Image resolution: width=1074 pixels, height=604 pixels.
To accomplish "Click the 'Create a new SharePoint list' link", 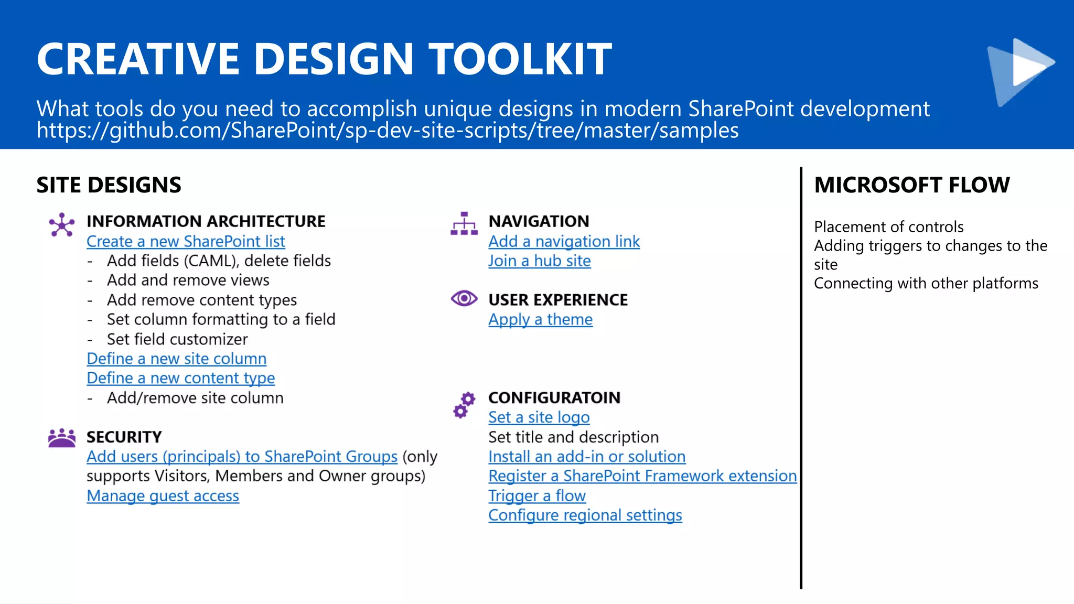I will [186, 242].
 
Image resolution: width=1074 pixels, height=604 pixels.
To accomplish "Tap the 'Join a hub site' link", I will [539, 261].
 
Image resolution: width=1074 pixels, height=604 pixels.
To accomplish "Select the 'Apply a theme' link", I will [540, 320].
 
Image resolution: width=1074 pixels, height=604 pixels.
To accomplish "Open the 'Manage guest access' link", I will [163, 496].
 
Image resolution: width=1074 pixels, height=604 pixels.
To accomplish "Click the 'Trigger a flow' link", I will [536, 496].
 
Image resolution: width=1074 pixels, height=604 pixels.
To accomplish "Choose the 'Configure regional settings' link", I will [585, 515].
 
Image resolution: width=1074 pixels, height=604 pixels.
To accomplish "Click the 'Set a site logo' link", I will [539, 418].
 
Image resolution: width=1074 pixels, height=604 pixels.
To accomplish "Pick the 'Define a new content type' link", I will [180, 379].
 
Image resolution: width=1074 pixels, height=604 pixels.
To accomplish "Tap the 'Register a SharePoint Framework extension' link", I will [642, 477].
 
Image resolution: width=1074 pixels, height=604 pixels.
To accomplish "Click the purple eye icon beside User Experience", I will [464, 299].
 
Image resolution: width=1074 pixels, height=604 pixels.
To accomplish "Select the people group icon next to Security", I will [62, 438].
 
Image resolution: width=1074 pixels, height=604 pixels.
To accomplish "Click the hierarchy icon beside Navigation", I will [464, 224].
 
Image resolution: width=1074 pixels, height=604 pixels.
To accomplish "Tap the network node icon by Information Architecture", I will [62, 225].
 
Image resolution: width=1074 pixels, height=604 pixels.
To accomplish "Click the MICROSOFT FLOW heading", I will [911, 185].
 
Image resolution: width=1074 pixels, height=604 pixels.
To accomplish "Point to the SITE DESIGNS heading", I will [109, 185].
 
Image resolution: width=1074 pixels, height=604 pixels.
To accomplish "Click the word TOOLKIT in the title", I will [520, 59].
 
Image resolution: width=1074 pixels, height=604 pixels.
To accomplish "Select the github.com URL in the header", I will [387, 131].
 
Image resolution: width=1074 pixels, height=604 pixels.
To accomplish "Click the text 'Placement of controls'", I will [888, 227].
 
